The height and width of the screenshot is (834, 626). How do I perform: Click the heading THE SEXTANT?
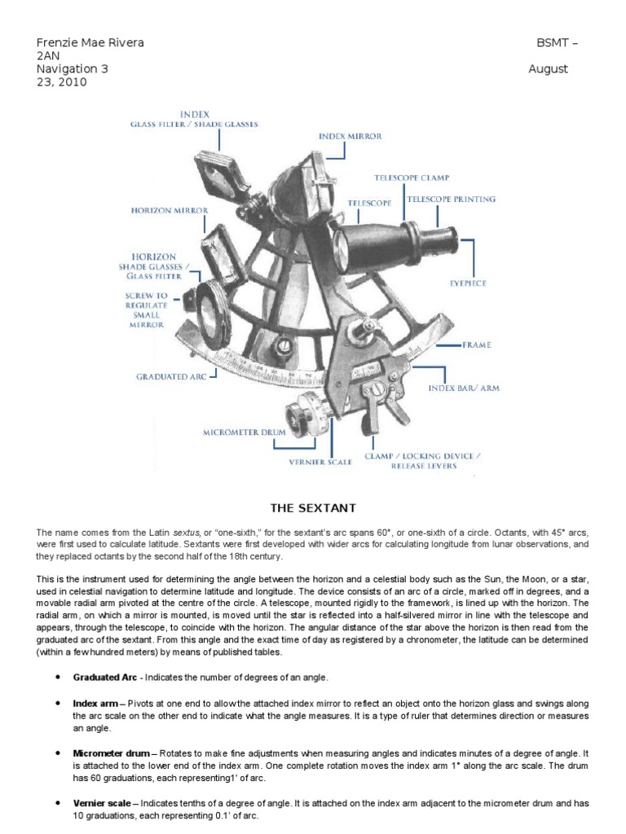pos(313,508)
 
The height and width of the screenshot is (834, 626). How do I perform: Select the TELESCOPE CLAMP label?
pos(412,177)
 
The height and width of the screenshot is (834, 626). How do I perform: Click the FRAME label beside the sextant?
pos(477,345)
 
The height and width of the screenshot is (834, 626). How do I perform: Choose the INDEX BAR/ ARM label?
pos(464,388)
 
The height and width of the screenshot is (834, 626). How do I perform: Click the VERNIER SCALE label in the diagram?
pos(321,462)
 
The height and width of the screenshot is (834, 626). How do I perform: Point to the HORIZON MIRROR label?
pos(170,210)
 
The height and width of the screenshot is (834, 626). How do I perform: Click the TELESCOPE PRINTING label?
pos(451,199)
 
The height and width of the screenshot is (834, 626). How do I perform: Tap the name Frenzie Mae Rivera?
pos(90,42)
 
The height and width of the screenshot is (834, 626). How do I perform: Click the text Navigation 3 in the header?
pos(73,69)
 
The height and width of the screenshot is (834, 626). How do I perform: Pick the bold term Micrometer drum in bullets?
pos(111,753)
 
